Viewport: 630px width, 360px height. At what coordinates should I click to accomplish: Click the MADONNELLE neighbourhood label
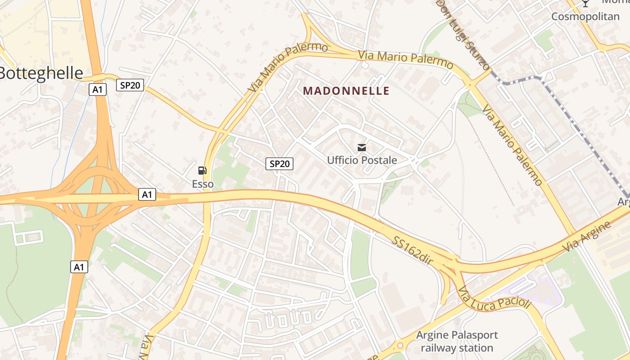coord(346,91)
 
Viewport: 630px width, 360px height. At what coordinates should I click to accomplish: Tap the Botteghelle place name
coord(41,73)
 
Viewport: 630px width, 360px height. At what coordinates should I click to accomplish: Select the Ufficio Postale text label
coord(362,160)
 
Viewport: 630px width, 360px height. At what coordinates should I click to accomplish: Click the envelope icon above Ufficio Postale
coord(362,147)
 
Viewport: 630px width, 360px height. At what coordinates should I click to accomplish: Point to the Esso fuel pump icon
coord(202,170)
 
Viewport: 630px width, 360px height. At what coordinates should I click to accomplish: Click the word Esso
coord(202,184)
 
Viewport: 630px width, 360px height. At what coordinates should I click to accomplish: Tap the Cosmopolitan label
coord(585,17)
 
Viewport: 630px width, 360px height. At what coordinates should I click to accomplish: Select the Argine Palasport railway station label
coord(457,342)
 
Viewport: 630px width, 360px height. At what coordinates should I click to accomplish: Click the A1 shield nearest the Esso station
coord(147,194)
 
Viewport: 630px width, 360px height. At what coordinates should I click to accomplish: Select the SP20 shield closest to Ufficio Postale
coord(279,164)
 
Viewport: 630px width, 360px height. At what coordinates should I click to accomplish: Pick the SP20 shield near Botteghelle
coord(130,85)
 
